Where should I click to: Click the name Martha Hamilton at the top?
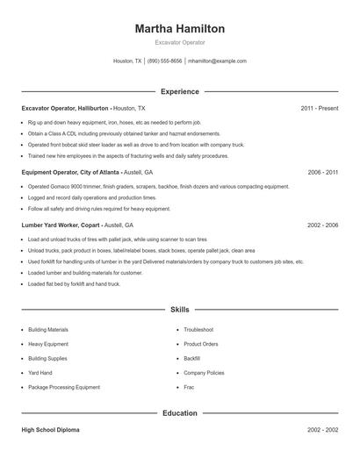point(179,28)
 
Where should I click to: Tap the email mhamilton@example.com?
point(217,61)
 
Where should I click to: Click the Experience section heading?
point(179,91)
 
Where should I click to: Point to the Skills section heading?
point(179,310)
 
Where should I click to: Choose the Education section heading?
point(179,412)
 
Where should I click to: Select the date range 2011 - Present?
point(319,108)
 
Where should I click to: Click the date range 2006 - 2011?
point(322,173)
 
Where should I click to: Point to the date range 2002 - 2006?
point(322,225)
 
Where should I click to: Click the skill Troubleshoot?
point(200,329)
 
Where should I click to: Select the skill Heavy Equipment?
point(48,344)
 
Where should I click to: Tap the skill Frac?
point(189,387)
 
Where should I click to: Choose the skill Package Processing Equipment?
point(64,387)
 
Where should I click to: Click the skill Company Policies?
point(205,373)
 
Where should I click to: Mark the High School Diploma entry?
point(52,430)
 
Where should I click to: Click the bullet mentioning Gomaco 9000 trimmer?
point(158,187)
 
